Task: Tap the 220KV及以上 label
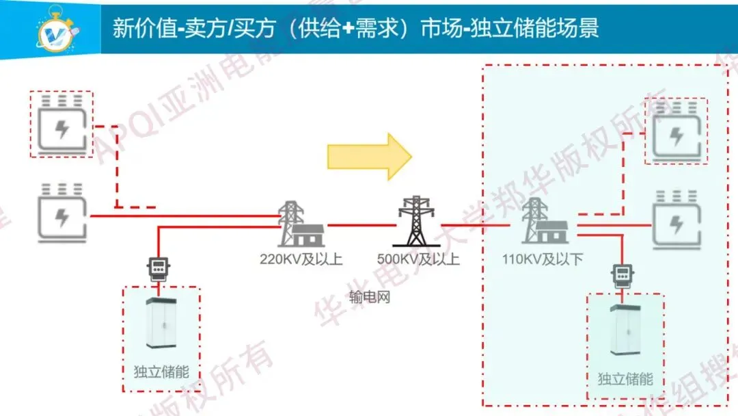click(x=301, y=260)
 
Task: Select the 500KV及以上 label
click(x=418, y=260)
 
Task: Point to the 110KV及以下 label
click(x=542, y=260)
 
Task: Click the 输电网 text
click(x=369, y=298)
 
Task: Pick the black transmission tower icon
click(x=415, y=221)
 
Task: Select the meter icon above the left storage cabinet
click(x=159, y=269)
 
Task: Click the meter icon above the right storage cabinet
click(x=622, y=276)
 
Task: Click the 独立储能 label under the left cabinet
click(x=161, y=373)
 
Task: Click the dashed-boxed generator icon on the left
click(x=61, y=125)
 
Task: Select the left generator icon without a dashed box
click(x=61, y=213)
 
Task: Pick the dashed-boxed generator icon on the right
click(x=676, y=131)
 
